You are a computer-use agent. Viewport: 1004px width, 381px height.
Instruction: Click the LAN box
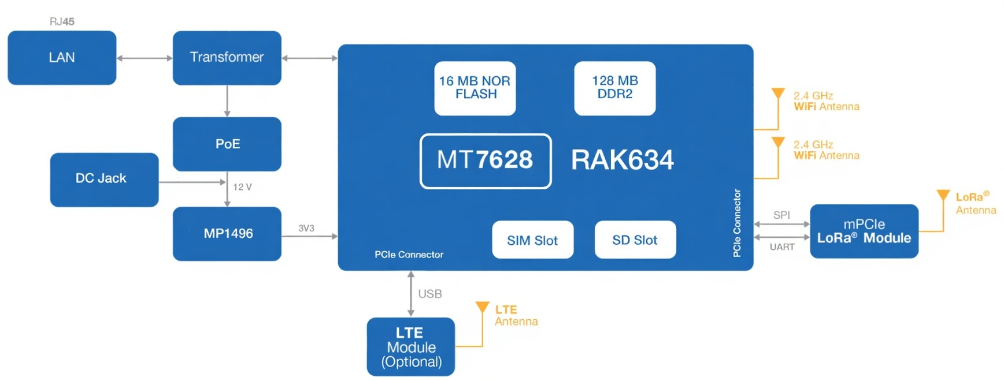62,58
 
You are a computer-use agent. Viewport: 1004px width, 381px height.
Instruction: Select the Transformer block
227,58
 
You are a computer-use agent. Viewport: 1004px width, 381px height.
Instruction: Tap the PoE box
227,144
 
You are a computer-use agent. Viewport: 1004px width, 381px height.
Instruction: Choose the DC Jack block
104,179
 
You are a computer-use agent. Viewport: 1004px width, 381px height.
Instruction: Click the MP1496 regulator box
227,234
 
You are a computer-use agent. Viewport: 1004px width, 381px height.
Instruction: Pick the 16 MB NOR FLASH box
475,88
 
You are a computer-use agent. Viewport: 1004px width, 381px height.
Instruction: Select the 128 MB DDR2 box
614,88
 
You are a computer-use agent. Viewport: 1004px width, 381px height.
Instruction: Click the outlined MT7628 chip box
485,160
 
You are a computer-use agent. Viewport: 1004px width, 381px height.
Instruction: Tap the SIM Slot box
532,240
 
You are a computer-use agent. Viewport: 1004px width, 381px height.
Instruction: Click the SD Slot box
635,240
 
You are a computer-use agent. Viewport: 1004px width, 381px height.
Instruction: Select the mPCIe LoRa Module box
864,231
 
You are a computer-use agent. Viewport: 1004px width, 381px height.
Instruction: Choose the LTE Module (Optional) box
410,347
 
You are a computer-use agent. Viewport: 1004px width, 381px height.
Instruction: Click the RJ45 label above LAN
62,22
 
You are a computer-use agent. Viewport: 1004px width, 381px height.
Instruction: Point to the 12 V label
242,187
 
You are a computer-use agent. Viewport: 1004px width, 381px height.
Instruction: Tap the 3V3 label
306,229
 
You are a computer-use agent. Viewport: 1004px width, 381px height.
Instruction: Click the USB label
430,294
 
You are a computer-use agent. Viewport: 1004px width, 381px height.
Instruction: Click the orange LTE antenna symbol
482,307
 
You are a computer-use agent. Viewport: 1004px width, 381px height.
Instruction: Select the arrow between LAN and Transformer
145,58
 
